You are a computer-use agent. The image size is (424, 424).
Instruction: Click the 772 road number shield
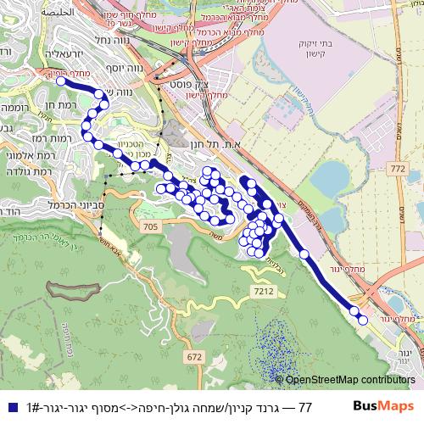click(397, 170)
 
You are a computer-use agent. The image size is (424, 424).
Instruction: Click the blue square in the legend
click(11, 409)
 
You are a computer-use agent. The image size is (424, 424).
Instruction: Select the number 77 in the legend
click(306, 409)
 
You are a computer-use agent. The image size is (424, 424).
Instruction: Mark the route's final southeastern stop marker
click(363, 320)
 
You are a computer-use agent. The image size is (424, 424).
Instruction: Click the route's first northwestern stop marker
click(63, 82)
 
